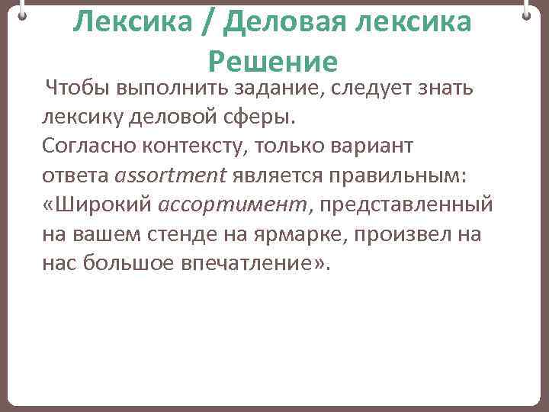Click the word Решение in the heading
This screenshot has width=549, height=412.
point(272,60)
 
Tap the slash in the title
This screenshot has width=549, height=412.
point(204,24)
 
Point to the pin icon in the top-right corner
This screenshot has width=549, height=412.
point(527,11)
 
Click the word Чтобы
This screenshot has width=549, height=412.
point(78,89)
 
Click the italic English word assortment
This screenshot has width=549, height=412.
point(170,176)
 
